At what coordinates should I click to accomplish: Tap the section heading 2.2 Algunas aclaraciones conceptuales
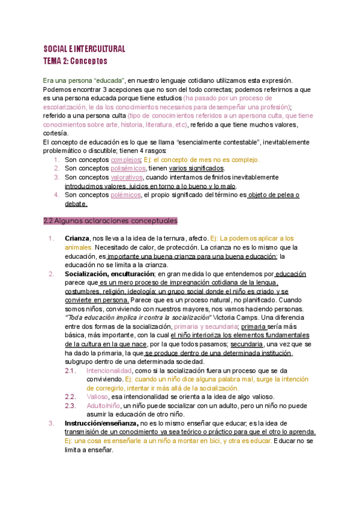(110, 220)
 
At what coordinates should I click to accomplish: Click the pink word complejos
(125, 160)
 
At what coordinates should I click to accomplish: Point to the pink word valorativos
(127, 178)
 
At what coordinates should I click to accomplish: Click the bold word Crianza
(76, 238)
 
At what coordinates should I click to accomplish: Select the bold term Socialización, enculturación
(109, 274)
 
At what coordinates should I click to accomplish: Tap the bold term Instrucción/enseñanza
(101, 423)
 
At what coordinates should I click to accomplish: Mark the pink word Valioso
(97, 397)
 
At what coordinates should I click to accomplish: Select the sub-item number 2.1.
(70, 371)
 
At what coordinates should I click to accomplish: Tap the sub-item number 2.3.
(70, 406)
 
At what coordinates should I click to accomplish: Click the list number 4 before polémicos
(56, 195)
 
